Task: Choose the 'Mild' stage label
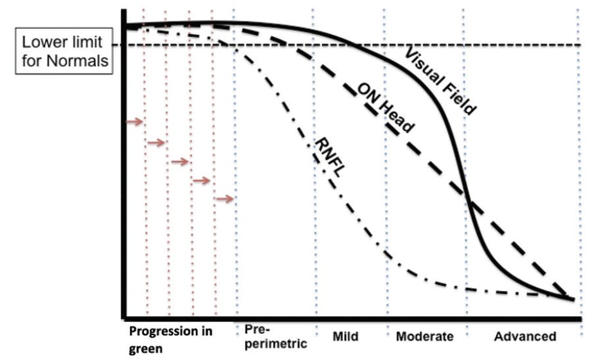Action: [345, 337]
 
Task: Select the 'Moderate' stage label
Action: [425, 337]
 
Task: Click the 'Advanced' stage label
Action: [524, 337]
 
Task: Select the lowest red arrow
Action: [224, 199]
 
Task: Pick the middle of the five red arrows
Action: [180, 161]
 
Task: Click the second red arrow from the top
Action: [156, 142]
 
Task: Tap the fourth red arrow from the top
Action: [202, 181]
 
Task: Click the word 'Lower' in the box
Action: [43, 43]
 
